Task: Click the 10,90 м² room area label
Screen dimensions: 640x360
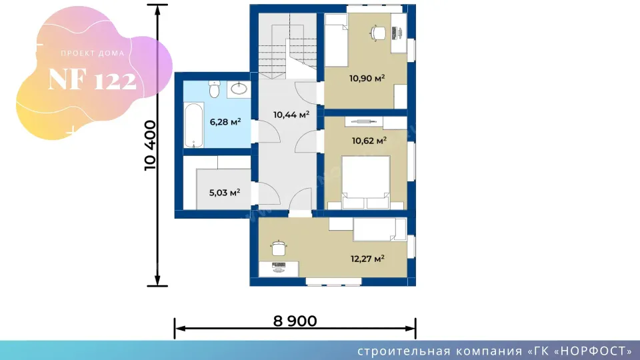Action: point(367,78)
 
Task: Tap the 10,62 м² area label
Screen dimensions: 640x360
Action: point(369,141)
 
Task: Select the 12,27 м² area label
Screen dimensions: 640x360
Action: point(367,259)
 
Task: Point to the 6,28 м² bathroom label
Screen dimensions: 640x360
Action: point(225,121)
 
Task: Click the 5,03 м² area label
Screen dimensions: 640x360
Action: point(225,192)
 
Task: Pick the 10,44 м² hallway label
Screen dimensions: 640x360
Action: point(291,115)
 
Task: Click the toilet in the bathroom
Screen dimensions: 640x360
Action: point(214,89)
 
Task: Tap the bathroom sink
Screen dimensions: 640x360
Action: point(239,89)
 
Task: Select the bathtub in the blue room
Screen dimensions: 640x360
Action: point(193,125)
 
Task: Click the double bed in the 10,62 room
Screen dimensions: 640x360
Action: point(365,183)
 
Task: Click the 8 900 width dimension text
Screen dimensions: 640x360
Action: point(295,321)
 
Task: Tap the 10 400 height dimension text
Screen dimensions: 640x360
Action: point(150,145)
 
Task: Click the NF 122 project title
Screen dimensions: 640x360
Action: point(92,79)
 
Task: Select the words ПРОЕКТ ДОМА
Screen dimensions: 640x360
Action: point(93,53)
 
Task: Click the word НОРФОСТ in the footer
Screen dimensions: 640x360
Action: point(594,351)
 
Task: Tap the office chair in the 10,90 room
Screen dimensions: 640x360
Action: point(377,33)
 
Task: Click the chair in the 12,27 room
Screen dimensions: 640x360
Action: point(279,248)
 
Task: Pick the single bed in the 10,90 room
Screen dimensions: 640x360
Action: point(336,40)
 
